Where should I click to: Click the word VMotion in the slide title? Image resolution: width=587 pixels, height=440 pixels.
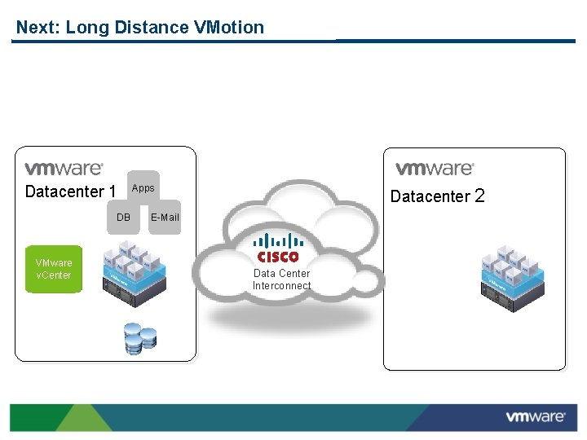pyautogui.click(x=229, y=28)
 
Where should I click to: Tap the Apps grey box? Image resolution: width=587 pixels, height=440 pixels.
pyautogui.click(x=143, y=188)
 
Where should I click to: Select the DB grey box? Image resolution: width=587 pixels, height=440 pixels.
pyautogui.click(x=123, y=218)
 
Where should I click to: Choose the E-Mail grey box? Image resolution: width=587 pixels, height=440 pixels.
pyautogui.click(x=165, y=218)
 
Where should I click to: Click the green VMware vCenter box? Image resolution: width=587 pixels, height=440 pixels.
pyautogui.click(x=54, y=269)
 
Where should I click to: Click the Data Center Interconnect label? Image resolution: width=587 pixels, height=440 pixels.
pyautogui.click(x=281, y=279)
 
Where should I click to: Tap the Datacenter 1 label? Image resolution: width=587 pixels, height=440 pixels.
pyautogui.click(x=70, y=192)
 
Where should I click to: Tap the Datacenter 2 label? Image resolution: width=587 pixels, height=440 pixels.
pyautogui.click(x=437, y=196)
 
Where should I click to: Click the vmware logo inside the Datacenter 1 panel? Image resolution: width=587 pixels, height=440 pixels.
pyautogui.click(x=64, y=169)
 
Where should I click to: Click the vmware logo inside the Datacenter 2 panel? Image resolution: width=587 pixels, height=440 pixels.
pyautogui.click(x=435, y=169)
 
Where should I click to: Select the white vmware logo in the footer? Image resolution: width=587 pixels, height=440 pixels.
pyautogui.click(x=535, y=417)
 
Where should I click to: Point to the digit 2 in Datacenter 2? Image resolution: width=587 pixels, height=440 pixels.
pyautogui.click(x=479, y=196)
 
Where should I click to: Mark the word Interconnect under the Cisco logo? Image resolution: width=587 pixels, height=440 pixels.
pyautogui.click(x=281, y=286)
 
